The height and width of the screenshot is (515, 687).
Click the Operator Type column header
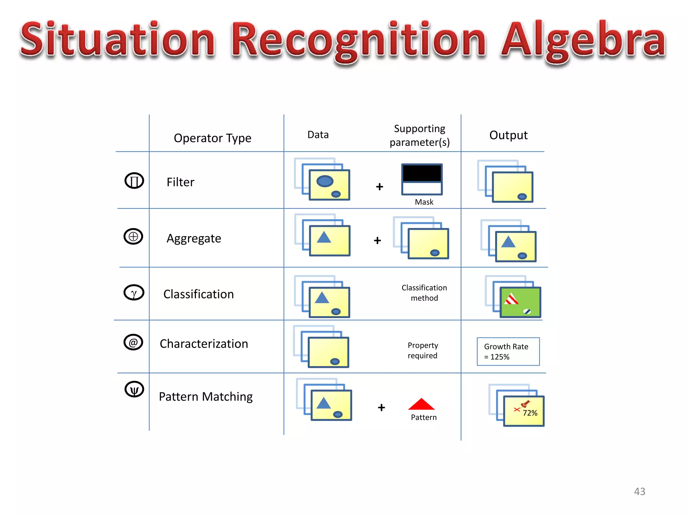212,138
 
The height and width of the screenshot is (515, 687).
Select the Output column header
508,135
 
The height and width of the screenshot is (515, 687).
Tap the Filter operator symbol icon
134,181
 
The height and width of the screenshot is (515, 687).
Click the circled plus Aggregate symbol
133,236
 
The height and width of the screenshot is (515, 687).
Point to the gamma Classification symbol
134,292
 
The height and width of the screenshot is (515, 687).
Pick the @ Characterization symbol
133,342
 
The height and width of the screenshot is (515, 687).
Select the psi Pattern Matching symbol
134,390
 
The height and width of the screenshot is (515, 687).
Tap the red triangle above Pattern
421,405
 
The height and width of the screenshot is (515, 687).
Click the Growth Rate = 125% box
508,351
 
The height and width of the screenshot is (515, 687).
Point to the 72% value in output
530,413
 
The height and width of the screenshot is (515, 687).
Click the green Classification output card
520,302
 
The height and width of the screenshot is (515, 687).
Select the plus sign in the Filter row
379,187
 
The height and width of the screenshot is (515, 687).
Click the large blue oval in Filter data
325,181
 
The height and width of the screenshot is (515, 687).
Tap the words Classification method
424,293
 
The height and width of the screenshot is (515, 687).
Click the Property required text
423,350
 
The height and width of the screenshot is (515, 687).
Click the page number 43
639,491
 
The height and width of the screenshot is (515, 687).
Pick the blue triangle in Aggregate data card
324,237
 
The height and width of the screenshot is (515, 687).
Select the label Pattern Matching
206,397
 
